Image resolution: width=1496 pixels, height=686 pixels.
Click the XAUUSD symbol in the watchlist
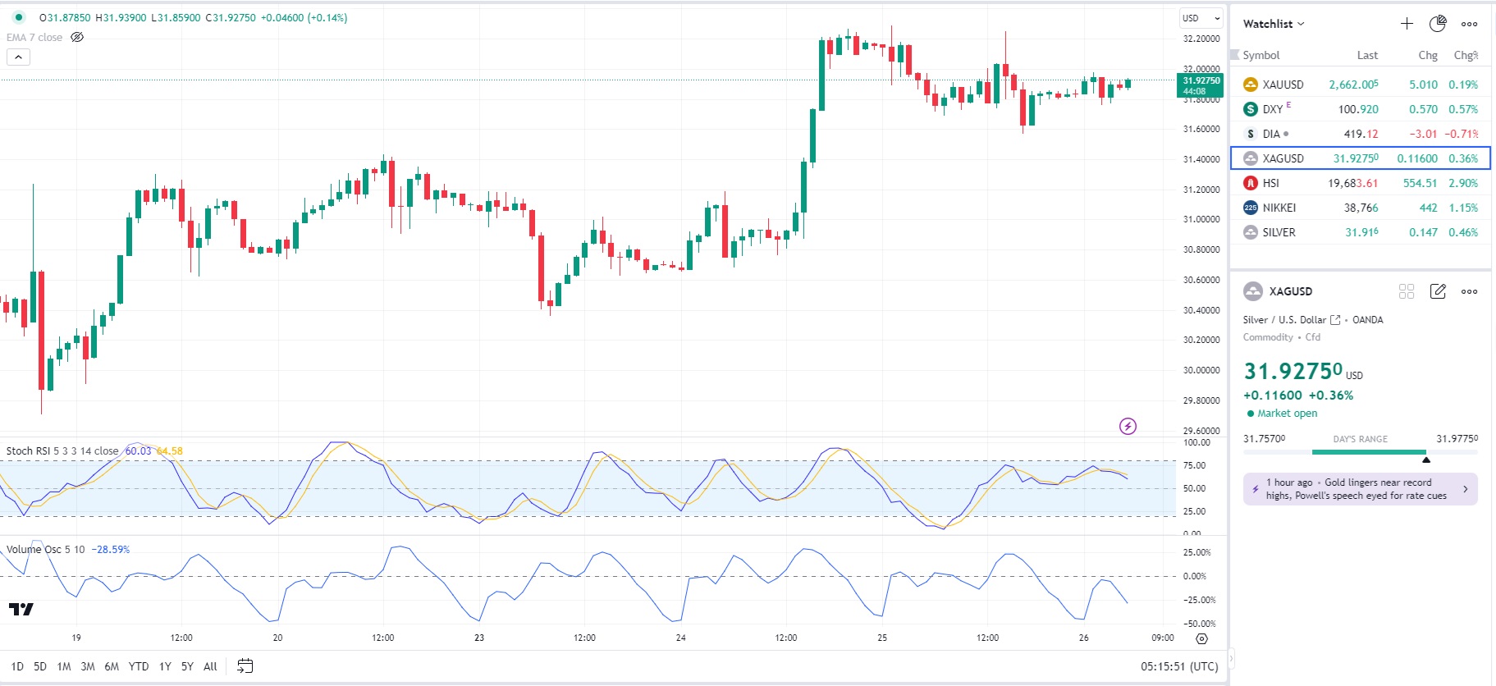pos(1283,85)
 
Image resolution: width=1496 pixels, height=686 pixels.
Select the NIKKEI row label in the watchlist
pos(1279,208)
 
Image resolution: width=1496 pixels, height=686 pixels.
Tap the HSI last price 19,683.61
pos(1352,183)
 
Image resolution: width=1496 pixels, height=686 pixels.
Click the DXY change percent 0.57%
pos(1463,109)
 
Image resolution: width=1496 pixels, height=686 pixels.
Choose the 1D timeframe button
pos(17,666)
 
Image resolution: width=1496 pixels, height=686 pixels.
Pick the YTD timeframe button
pos(139,666)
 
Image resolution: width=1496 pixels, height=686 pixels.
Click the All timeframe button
pos(210,666)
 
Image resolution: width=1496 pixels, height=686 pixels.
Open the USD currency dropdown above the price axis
pos(1201,18)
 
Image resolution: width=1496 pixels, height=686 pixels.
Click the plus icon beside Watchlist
pos(1407,24)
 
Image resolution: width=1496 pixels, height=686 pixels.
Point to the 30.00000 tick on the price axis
pos(1201,370)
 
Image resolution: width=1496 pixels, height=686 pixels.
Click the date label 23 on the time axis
pos(479,638)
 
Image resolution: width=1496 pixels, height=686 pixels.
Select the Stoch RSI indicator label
pos(62,451)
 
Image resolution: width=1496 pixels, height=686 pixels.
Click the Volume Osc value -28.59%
pos(110,550)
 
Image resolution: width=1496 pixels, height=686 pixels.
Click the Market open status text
pos(1287,414)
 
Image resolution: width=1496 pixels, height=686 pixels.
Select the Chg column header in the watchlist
pos(1428,55)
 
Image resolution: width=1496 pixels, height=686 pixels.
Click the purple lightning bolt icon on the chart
pos(1128,426)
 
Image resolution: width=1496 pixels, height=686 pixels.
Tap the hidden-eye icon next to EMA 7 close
pos(77,38)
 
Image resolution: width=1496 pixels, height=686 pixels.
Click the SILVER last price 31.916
pos(1361,232)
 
